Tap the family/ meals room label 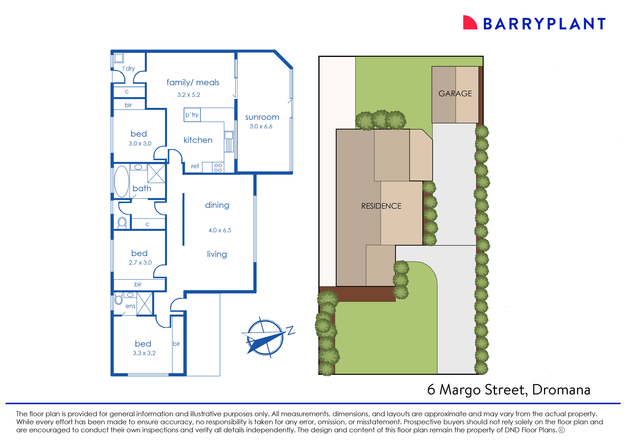tap(193, 82)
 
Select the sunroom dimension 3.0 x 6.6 tap(261, 126)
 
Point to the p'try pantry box tap(192, 115)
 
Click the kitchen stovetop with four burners tap(218, 168)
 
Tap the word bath tap(142, 189)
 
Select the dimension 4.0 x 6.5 tap(220, 230)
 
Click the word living tap(217, 254)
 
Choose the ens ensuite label tap(130, 306)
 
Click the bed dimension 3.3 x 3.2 tap(144, 353)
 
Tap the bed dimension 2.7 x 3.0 tap(140, 262)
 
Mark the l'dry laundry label tap(129, 68)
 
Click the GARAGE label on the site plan tap(455, 94)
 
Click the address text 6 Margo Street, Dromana tap(509, 390)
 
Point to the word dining tap(217, 205)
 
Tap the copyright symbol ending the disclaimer tap(562, 430)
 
